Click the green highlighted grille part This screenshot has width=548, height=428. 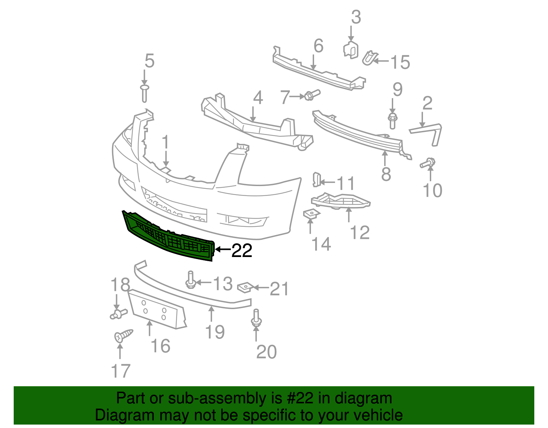point(168,236)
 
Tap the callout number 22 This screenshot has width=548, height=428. point(242,251)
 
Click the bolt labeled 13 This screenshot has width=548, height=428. point(190,279)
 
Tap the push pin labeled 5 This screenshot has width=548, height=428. point(145,93)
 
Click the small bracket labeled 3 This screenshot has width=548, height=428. point(351,49)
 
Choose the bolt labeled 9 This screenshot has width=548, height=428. point(393,120)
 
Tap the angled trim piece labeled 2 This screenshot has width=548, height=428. point(430,132)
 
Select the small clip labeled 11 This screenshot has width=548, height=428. point(316,180)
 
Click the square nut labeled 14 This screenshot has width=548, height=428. point(311,214)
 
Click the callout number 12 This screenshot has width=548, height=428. point(360,233)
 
